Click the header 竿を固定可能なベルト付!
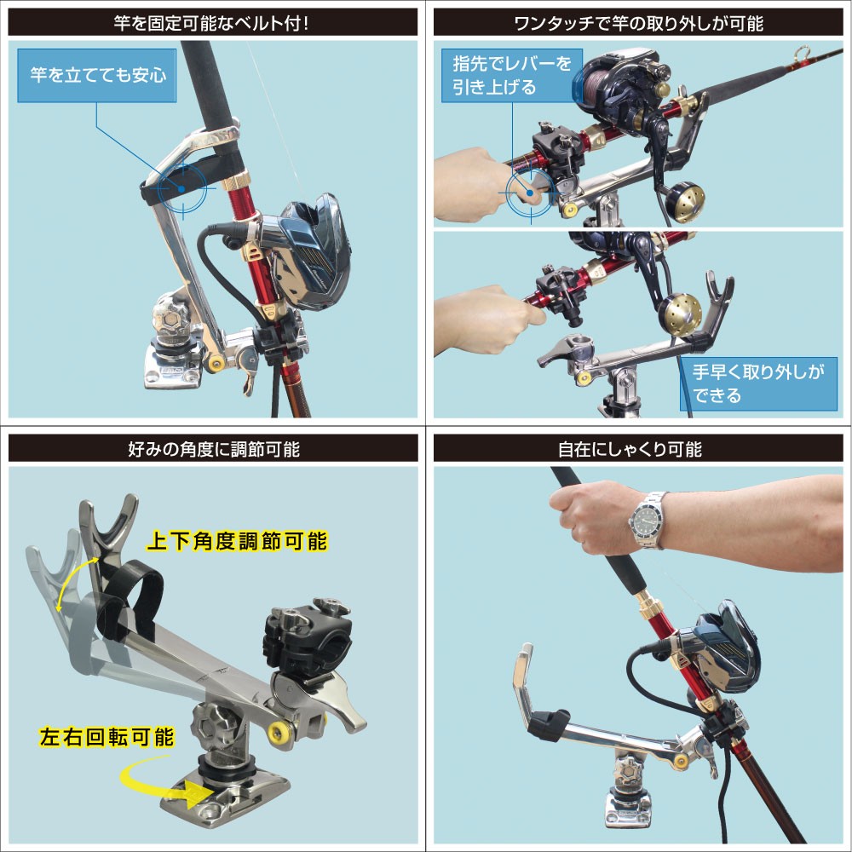coord(212,23)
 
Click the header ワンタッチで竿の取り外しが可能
coord(638,23)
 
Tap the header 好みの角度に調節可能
coord(214,449)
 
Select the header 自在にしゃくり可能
coord(630,449)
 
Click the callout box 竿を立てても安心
coord(97,76)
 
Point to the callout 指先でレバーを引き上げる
coord(512,76)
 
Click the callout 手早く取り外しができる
coord(758,383)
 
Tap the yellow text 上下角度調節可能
coord(237,541)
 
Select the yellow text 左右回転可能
coord(106,737)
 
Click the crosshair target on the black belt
coord(182,188)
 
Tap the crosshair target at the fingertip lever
coord(530,193)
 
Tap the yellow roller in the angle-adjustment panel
coord(279,733)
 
